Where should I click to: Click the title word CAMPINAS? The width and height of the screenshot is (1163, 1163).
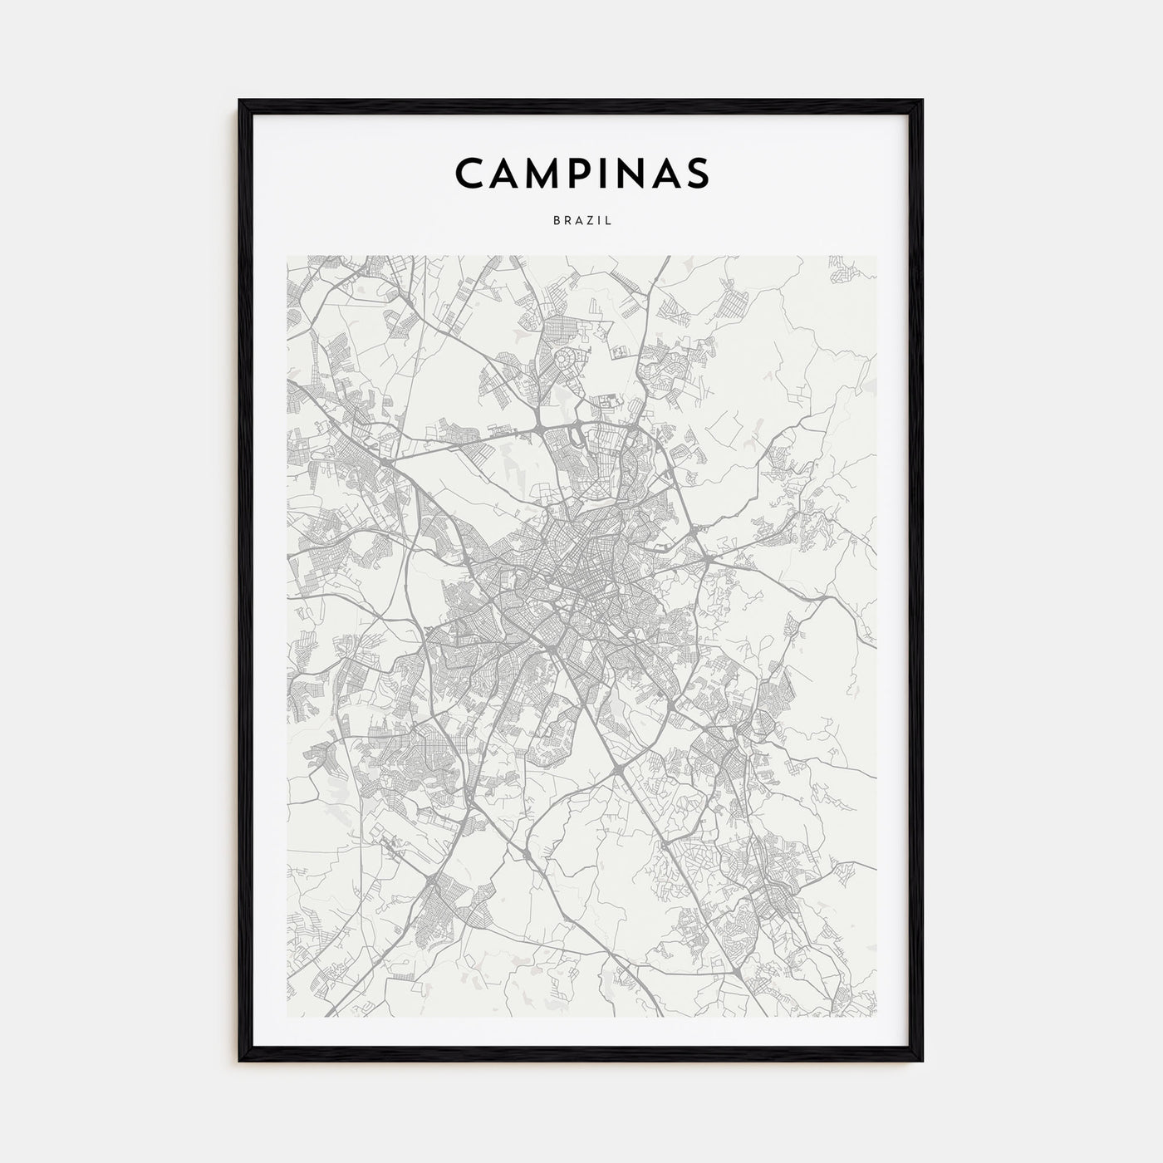click(x=581, y=172)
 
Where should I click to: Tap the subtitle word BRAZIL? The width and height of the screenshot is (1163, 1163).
click(x=581, y=222)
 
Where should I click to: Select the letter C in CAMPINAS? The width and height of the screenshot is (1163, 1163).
click(x=469, y=172)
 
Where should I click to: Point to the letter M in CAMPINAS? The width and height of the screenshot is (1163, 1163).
click(x=542, y=172)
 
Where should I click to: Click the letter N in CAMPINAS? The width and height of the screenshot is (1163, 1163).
click(x=631, y=172)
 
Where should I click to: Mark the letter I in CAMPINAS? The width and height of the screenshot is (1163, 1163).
click(x=605, y=172)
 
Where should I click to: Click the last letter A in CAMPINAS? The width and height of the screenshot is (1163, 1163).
click(x=666, y=172)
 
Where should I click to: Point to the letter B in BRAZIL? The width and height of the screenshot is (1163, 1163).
click(x=555, y=222)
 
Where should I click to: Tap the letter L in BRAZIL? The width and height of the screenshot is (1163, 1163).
click(x=609, y=222)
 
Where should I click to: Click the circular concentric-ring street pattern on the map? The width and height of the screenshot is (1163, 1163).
click(x=566, y=360)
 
